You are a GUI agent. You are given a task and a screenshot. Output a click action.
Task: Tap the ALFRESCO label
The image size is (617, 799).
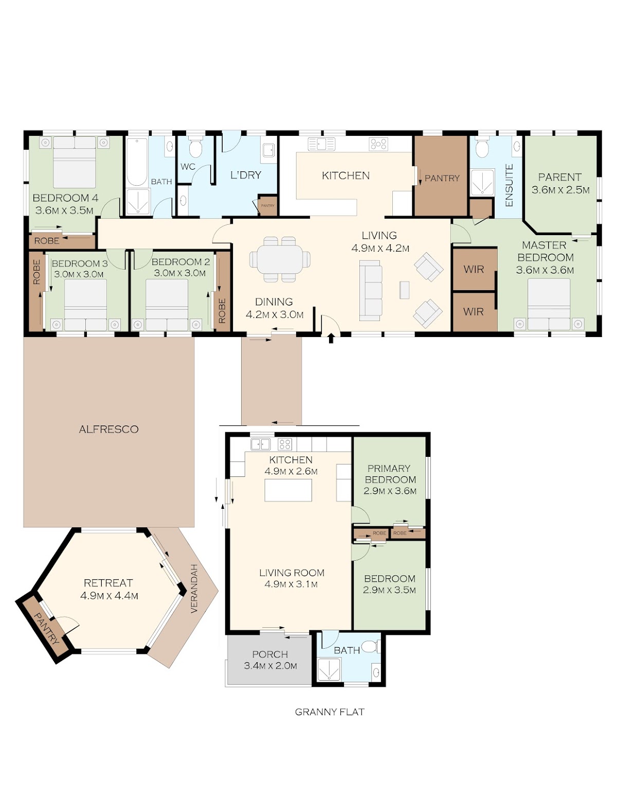[x=109, y=429]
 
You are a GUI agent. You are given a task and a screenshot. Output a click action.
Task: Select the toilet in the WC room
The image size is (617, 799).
[x=195, y=147]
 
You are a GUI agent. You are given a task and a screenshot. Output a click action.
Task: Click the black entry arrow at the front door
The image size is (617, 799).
[x=331, y=338]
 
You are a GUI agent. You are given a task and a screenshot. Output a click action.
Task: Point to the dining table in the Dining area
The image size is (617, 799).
[x=280, y=259]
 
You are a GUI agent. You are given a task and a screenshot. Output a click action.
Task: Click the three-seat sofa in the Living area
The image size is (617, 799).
[x=370, y=291]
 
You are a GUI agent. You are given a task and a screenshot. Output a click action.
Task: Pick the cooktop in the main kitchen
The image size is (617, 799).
[x=378, y=144]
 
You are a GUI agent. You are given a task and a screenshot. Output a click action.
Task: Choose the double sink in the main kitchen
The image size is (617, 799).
[x=321, y=144]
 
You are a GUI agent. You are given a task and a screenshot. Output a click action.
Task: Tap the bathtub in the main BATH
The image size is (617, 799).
[x=137, y=162]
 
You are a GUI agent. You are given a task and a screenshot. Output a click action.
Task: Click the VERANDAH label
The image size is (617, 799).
[x=194, y=588]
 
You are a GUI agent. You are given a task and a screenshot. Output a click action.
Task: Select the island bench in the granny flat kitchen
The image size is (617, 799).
[x=288, y=490]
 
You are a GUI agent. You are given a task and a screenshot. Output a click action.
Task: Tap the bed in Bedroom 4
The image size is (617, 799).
[x=75, y=162]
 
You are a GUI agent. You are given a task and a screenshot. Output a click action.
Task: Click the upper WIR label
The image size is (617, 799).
[x=474, y=269]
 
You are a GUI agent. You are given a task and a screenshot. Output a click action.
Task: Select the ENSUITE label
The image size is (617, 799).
[x=509, y=185]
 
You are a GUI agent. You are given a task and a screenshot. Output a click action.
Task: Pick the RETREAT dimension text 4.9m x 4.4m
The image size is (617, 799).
[x=109, y=596]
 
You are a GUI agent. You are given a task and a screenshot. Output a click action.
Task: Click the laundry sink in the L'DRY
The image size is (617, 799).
[x=268, y=150]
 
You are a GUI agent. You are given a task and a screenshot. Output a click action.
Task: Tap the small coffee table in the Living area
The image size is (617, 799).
[x=404, y=290]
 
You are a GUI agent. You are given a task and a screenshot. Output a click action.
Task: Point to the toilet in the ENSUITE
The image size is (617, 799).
[x=481, y=147]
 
